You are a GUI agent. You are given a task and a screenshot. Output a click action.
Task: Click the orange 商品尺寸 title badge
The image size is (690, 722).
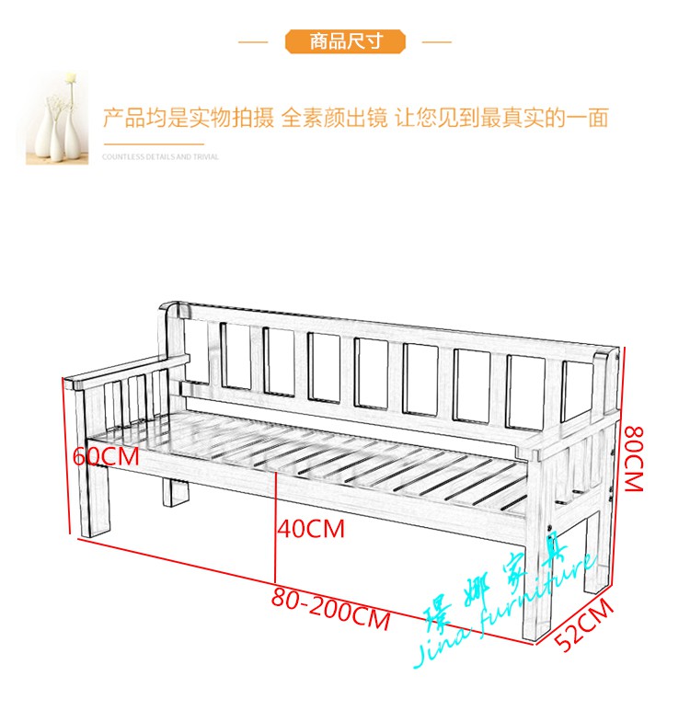pos(345,41)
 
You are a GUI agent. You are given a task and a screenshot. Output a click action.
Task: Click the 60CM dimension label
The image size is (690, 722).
pos(106,454)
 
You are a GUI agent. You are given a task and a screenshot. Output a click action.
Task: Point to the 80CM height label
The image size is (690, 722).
pos(631,458)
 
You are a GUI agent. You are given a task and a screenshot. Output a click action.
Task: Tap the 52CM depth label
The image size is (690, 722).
pos(584,625)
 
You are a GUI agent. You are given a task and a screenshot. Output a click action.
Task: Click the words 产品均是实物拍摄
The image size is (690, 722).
pos(189,118)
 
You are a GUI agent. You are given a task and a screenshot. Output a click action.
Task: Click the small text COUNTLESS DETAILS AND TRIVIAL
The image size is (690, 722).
pos(160,157)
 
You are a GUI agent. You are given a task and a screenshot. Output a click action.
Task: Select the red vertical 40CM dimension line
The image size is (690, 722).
pos(275,524)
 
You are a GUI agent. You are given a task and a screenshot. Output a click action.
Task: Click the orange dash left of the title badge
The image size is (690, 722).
pos(253,41)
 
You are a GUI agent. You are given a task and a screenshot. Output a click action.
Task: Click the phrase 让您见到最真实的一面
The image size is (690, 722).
pos(501,118)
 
